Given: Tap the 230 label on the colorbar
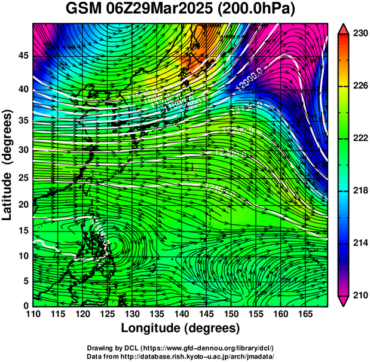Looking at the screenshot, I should pyautogui.click(x=360, y=34).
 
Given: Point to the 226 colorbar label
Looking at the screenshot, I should pyautogui.click(x=360, y=86).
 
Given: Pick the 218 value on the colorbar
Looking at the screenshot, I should pyautogui.click(x=360, y=191).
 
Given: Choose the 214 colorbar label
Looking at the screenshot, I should pyautogui.click(x=360, y=243).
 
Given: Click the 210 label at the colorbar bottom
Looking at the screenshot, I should pyautogui.click(x=360, y=295).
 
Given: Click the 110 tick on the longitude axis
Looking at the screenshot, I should pyautogui.click(x=33, y=314).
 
